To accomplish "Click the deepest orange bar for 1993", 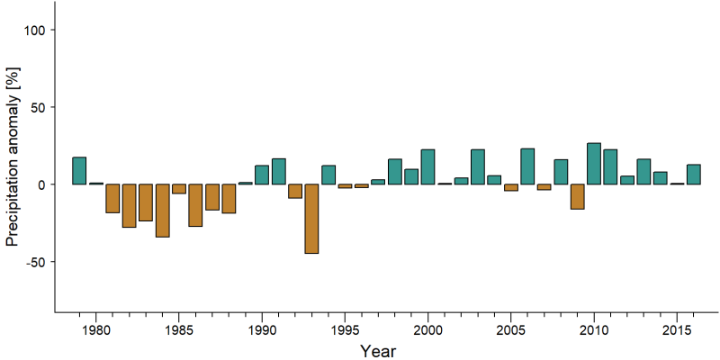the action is click(311, 219).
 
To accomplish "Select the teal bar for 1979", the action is click(79, 171).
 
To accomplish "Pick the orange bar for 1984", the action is click(162, 211).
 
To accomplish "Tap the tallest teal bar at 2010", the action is click(594, 164).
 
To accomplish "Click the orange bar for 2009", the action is click(577, 196).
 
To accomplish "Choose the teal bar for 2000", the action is click(427, 166).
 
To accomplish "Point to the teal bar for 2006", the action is click(527, 166).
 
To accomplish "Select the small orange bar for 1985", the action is click(178, 189).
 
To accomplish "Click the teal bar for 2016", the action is click(693, 175).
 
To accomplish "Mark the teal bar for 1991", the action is click(278, 171).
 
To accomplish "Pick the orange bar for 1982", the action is click(129, 206).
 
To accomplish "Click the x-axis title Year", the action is click(377, 351).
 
